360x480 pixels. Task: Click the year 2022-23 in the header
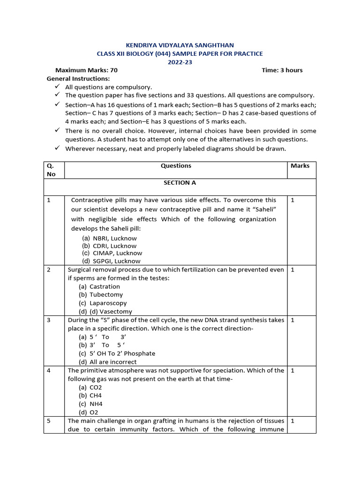click(180, 62)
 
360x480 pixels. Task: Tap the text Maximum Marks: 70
click(86, 70)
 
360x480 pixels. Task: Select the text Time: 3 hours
click(282, 70)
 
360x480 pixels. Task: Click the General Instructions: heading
click(78, 79)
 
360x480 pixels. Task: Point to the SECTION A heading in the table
click(176, 183)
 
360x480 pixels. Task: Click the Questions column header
click(176, 166)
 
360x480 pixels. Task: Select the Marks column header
click(300, 166)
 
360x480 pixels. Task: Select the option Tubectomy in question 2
click(106, 295)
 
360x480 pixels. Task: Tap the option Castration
click(105, 286)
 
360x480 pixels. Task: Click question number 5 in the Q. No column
click(49, 421)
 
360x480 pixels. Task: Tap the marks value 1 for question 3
click(293, 320)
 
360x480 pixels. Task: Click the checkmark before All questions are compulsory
click(57, 87)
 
